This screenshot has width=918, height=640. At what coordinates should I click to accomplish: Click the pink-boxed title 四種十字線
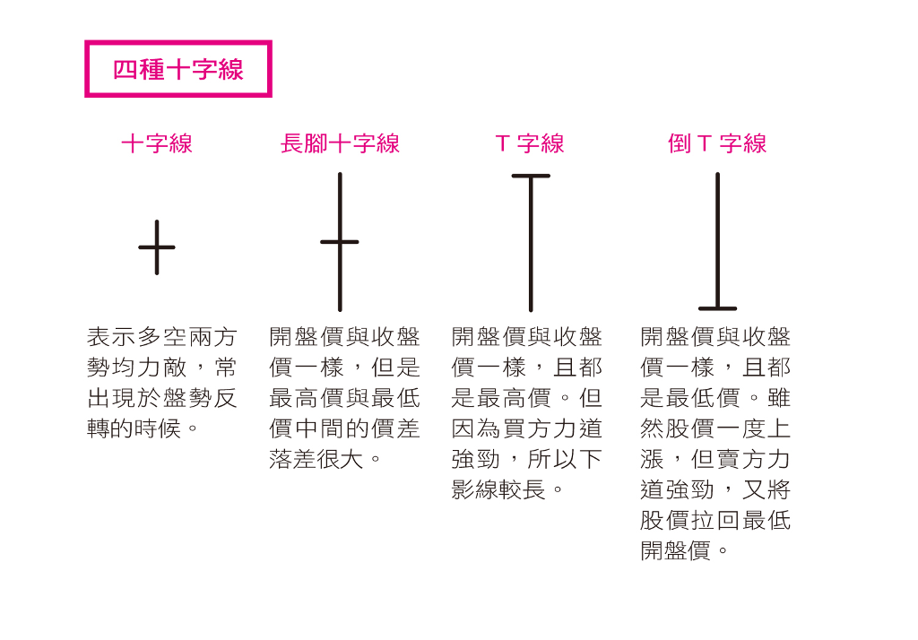(x=178, y=69)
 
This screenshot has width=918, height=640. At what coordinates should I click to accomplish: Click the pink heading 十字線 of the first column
(x=157, y=143)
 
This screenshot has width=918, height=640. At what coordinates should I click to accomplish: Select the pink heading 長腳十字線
(x=340, y=143)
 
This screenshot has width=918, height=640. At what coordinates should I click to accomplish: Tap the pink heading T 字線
(x=530, y=143)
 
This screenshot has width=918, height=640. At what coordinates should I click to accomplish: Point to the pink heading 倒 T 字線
(x=717, y=143)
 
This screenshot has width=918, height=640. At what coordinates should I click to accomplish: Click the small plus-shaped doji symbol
(x=157, y=247)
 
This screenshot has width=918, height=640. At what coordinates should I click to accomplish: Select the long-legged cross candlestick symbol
(x=340, y=242)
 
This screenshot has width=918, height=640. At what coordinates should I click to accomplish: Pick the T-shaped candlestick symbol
(x=531, y=242)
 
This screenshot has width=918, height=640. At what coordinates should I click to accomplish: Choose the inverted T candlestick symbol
(x=717, y=242)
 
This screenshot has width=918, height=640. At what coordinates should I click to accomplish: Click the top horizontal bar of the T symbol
(x=531, y=176)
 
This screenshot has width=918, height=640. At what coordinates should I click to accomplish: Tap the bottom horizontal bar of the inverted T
(x=717, y=308)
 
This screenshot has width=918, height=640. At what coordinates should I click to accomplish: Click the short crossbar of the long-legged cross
(x=340, y=242)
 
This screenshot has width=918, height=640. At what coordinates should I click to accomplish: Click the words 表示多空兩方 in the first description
(x=162, y=337)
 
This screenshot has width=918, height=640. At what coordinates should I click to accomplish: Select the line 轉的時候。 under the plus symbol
(x=143, y=428)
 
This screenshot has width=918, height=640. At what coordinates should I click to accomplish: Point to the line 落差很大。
(x=326, y=459)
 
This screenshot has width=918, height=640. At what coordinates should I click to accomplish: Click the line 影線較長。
(x=509, y=489)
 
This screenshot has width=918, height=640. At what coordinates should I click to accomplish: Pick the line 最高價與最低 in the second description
(x=345, y=398)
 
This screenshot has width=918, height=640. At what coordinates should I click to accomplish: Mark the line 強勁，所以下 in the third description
(x=527, y=459)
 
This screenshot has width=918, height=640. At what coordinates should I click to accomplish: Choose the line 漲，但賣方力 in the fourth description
(x=715, y=459)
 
